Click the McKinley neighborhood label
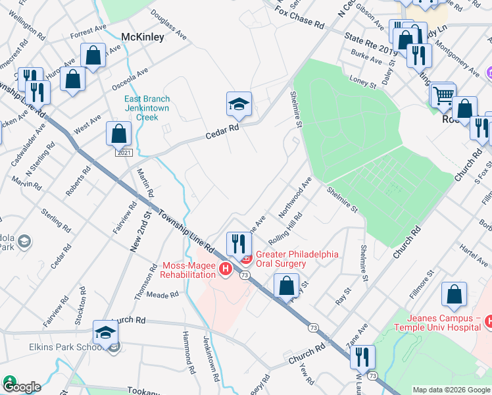[x=143, y=38]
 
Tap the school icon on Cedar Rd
[x=239, y=103]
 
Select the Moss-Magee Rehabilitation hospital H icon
[x=226, y=269]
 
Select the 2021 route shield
[x=124, y=153]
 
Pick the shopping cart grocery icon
[x=443, y=95]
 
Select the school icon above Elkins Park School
[x=105, y=330]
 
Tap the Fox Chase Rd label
[x=300, y=19]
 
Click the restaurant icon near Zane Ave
[x=362, y=356]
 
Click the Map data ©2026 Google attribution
[x=451, y=390]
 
